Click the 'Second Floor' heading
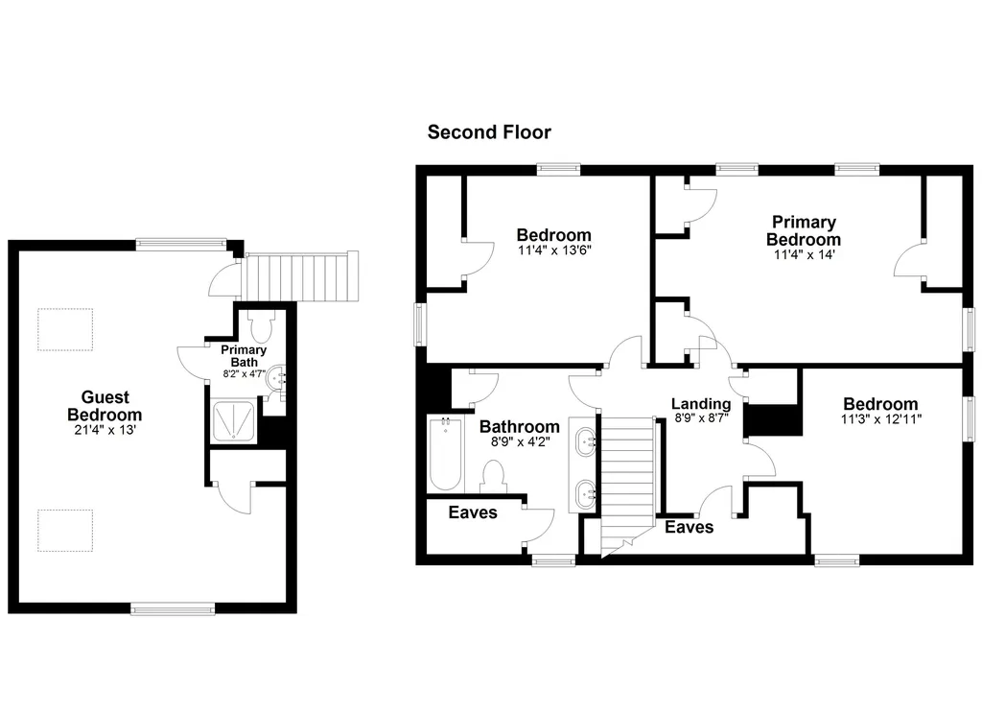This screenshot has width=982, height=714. [489, 132]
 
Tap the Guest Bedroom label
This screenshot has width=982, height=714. [105, 406]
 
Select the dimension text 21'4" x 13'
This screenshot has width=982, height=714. [105, 430]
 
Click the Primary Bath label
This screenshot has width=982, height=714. [244, 356]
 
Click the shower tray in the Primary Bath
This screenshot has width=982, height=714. [234, 420]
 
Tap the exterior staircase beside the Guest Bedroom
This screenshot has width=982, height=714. [301, 276]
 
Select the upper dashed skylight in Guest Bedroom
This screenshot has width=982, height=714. [65, 329]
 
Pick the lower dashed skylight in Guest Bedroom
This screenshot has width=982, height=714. [65, 531]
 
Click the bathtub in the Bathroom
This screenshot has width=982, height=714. [446, 454]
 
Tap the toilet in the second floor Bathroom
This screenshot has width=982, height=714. [494, 477]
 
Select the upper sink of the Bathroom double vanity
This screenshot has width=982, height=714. [586, 441]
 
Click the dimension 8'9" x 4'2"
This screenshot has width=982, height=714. [520, 441]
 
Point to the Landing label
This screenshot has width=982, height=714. [701, 404]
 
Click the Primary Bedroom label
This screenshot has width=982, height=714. [804, 230]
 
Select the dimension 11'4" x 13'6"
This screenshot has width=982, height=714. [554, 250]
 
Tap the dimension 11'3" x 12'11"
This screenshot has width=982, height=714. [880, 418]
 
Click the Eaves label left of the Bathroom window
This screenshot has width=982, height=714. [473, 512]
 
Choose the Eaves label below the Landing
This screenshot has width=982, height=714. [689, 527]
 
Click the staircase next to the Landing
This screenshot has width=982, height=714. [627, 482]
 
